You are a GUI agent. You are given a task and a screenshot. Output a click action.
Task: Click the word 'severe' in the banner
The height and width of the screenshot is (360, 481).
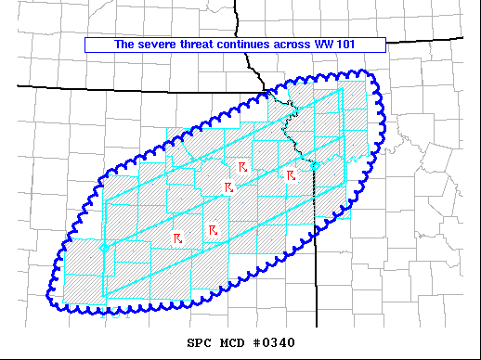tap(156, 44)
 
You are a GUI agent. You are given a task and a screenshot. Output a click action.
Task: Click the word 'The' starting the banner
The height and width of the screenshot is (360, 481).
tap(124, 44)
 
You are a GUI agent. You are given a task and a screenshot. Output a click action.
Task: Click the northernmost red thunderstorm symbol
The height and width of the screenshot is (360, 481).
tap(241, 166)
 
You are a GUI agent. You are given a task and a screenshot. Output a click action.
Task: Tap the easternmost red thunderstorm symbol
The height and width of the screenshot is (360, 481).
tap(291, 174)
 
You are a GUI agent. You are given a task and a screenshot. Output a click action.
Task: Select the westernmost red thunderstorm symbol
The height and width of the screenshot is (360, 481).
tap(176, 238)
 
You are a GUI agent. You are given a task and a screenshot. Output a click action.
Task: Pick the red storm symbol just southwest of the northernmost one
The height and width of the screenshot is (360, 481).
tap(227, 187)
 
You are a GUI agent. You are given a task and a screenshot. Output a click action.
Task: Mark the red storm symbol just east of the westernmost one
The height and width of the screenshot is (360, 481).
tap(213, 229)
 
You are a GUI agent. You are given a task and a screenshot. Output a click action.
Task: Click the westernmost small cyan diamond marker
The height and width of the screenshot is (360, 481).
tap(105, 248)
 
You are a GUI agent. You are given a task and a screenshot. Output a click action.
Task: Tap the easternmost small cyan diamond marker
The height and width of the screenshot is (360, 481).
tap(315, 166)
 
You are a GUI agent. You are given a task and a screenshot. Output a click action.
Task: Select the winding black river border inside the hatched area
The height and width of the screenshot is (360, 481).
tap(295, 130)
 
